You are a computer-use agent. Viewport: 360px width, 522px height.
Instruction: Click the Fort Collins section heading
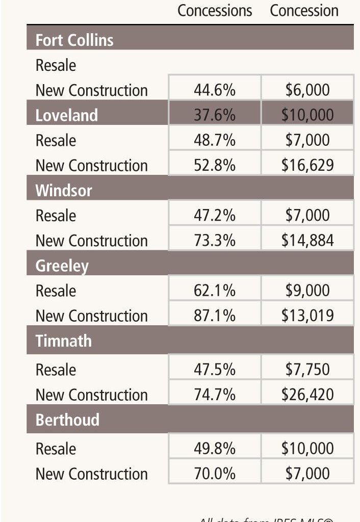pos(74,40)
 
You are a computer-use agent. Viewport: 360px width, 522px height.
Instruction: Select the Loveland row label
pos(66,115)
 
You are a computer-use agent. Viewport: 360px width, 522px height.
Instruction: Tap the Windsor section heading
pos(64,191)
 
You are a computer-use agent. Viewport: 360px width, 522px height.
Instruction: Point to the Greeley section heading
pos(62,266)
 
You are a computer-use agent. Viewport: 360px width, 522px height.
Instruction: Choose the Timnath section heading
pos(64,341)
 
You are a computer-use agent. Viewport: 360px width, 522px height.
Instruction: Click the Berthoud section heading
pos(67,420)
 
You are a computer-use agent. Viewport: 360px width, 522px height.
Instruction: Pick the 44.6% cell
pos(215,90)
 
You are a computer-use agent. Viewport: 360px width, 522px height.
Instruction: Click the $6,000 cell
pos(307,90)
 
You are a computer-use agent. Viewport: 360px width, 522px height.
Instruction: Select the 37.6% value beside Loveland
pos(215,115)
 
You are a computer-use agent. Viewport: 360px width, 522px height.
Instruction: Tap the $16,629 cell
pos(307,165)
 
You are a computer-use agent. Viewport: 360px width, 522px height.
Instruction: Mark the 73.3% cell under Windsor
pos(215,241)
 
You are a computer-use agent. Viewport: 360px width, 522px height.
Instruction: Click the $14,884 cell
pos(307,241)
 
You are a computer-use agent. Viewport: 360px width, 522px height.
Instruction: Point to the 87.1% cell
pos(215,316)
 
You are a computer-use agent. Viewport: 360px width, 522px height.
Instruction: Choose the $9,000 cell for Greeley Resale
pos(307,291)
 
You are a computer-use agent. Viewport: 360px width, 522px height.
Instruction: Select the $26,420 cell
pos(307,395)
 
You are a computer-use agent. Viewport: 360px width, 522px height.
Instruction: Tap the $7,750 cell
pos(307,370)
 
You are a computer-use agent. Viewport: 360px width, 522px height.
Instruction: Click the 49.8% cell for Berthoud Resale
pos(215,449)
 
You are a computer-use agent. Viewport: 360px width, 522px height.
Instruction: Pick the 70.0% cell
pos(215,474)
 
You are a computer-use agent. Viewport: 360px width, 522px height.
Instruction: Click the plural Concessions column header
pos(215,11)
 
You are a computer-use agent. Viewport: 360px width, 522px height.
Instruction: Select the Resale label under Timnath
pos(56,370)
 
